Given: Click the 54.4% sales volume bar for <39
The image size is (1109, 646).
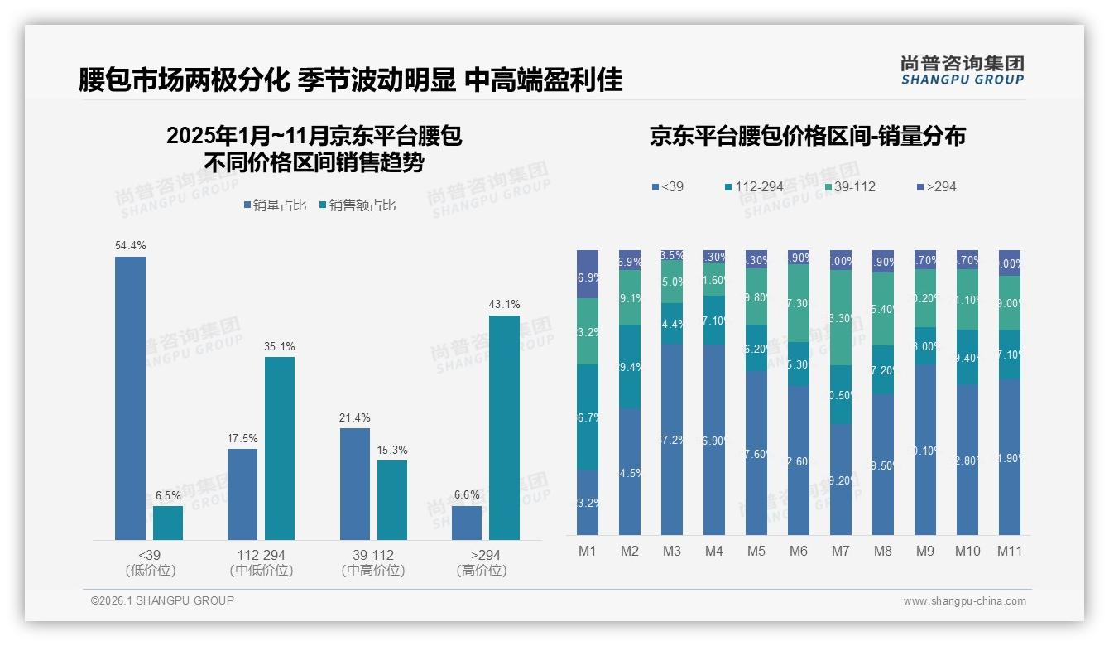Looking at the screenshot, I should (x=130, y=398).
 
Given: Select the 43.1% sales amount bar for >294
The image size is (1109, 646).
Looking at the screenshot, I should (x=504, y=427).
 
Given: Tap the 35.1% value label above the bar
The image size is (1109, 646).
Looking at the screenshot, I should (x=280, y=346).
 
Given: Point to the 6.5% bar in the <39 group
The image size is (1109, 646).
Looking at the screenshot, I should (x=168, y=523).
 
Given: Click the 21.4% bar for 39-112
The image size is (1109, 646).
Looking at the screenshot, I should (x=355, y=484).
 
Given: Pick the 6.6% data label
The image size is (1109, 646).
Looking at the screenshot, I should (x=467, y=494).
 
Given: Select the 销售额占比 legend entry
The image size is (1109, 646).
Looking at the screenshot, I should (x=358, y=205).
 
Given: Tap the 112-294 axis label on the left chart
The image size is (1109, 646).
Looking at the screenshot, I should (x=262, y=555).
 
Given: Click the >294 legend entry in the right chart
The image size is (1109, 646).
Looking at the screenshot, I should (x=936, y=186).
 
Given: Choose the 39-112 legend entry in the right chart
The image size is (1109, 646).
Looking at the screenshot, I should (x=849, y=186).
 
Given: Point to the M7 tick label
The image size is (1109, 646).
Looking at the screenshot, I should (x=840, y=551).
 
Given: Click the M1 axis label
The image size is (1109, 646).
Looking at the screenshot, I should (x=587, y=551).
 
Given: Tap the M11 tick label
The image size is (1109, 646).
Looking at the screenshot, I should (x=1009, y=551).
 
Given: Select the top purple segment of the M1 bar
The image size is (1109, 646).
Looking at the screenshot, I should (x=588, y=273).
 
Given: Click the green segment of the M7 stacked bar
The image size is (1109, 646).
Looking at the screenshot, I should (x=841, y=317).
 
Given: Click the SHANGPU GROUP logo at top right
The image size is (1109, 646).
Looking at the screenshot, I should (x=962, y=70).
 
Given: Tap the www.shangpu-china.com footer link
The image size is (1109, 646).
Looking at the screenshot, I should (x=964, y=601).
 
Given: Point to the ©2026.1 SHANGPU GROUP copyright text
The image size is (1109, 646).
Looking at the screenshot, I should (x=162, y=600).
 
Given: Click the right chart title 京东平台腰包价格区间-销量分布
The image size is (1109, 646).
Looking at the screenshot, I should (x=807, y=137).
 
